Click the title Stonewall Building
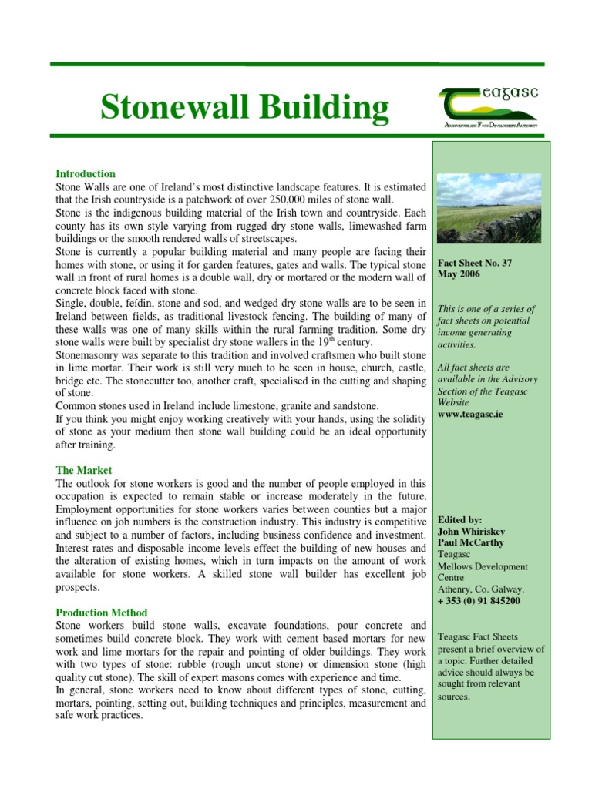tap(244, 108)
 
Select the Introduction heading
tap(86, 174)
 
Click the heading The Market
tap(84, 470)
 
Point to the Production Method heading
tap(102, 613)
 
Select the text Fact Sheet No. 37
tap(474, 263)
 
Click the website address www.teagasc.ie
tap(472, 414)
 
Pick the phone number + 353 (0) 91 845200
tap(478, 601)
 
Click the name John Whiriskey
tap(470, 532)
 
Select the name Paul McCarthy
tap(470, 543)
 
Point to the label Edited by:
tap(459, 520)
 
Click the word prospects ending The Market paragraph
tap(78, 587)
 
